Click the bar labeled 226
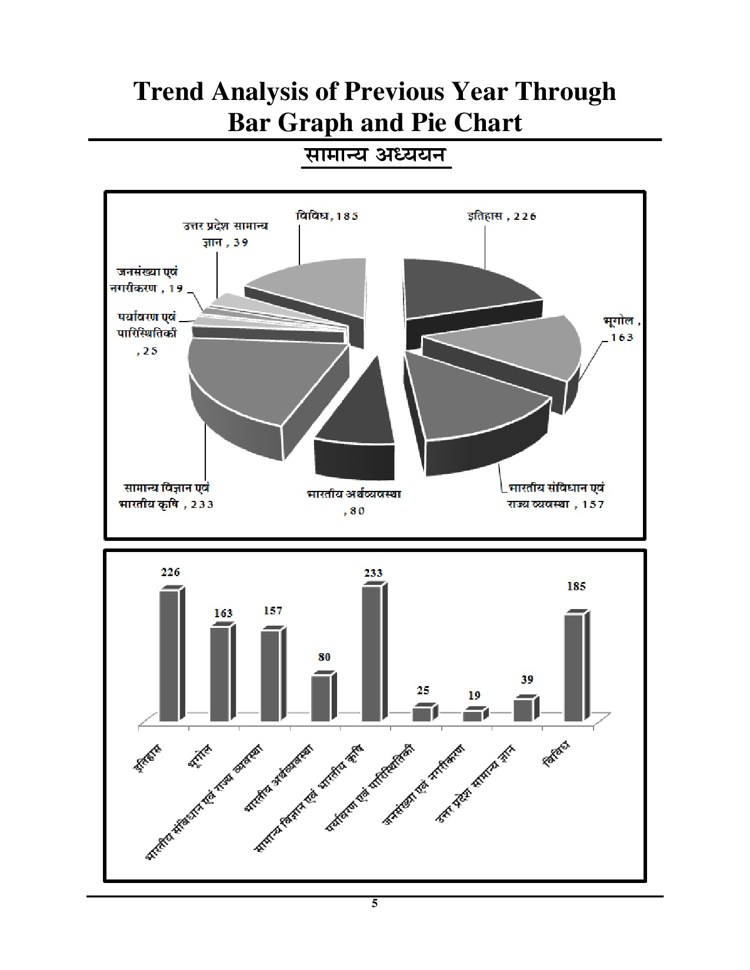point(169,655)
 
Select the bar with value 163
point(220,674)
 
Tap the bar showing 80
point(321,698)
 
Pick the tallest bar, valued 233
point(371,653)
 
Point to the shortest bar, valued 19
point(472,716)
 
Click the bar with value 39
point(522,710)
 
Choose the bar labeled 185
point(574,667)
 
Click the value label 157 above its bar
point(272,611)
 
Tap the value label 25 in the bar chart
point(422,690)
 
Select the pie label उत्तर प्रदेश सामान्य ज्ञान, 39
point(225,233)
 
